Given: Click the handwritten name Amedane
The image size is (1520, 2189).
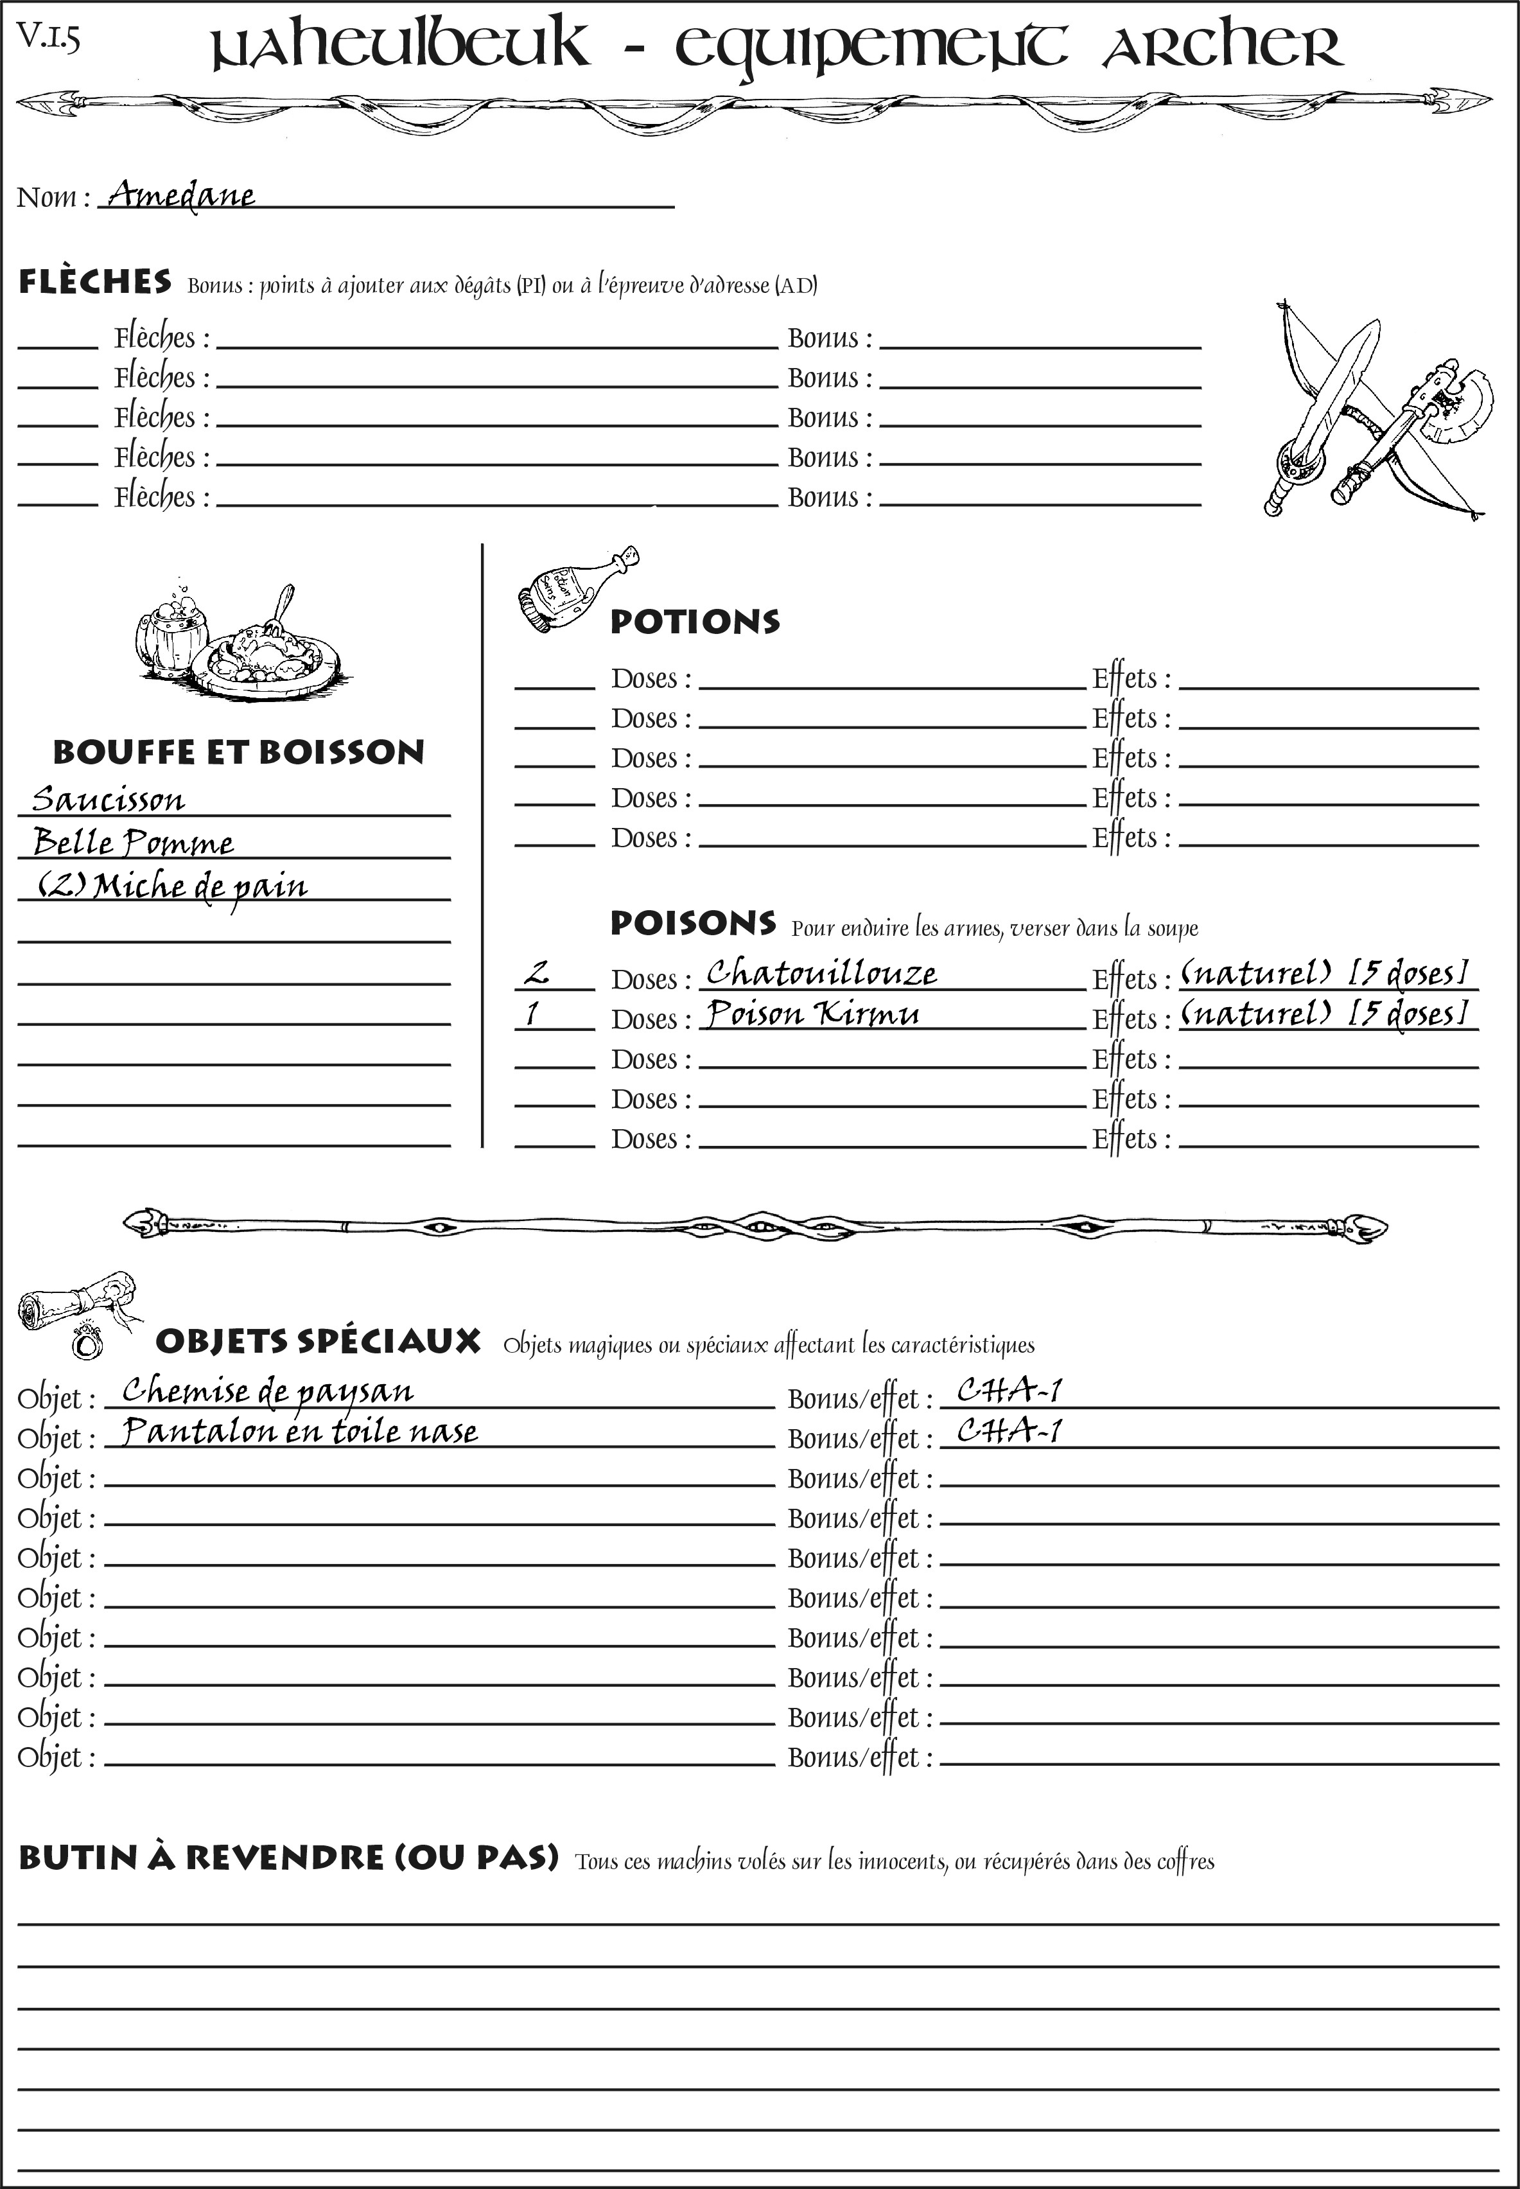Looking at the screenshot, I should [181, 195].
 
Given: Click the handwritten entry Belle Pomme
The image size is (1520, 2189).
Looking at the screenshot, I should [134, 843].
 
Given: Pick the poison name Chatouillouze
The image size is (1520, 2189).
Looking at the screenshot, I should [821, 972].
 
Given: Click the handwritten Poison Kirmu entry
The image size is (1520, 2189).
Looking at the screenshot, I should [812, 1014].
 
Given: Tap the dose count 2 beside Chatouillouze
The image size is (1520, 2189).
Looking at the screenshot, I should [537, 972].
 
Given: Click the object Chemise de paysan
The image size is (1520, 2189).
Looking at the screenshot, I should [268, 1392].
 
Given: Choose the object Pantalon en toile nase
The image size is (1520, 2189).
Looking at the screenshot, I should [300, 1432].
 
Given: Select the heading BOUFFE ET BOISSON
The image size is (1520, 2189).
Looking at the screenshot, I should [238, 753].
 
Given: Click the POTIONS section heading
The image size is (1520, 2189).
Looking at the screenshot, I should [694, 622].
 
